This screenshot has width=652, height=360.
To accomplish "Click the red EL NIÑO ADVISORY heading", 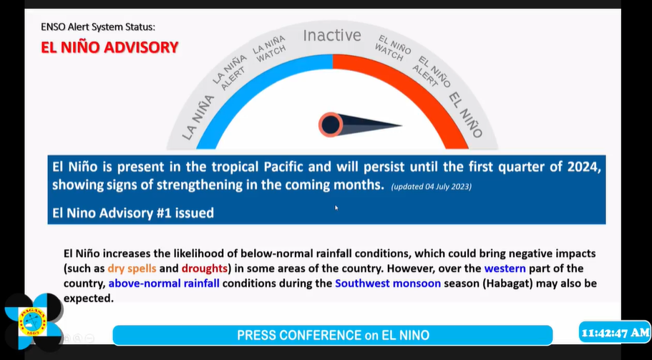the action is [x=110, y=47].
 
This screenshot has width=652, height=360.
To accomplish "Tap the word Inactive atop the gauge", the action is [x=332, y=35].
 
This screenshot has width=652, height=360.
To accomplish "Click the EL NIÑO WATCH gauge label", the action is [x=392, y=48].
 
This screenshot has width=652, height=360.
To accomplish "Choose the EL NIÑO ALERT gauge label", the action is [x=432, y=72].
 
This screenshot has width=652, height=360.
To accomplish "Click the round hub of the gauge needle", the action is [x=331, y=125].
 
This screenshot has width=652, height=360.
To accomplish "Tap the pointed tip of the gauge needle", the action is [x=402, y=125].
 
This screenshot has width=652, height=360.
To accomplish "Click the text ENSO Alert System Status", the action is [x=98, y=27].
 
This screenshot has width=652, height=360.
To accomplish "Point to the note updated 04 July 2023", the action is [x=431, y=187].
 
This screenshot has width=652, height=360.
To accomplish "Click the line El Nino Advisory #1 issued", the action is [x=133, y=213].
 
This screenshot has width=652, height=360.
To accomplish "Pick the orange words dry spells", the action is [x=132, y=268].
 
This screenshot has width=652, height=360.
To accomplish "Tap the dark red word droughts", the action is [x=205, y=268].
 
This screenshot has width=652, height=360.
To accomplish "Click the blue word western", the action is [x=505, y=268].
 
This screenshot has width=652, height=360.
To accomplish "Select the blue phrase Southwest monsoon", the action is [x=387, y=283].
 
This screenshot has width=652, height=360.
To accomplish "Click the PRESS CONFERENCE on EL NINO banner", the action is [x=333, y=335].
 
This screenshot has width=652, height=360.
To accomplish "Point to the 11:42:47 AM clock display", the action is [x=615, y=333].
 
